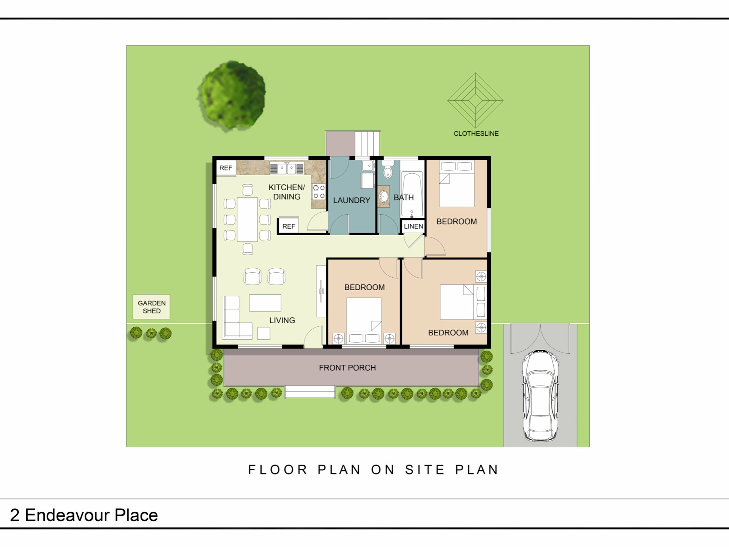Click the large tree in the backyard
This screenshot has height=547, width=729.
(232, 95)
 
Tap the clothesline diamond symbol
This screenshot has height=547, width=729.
(475, 100)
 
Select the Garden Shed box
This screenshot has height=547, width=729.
(151, 307)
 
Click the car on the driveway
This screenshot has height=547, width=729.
(541, 395)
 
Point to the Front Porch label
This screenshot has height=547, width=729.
(347, 368)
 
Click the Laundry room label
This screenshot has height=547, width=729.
(352, 200)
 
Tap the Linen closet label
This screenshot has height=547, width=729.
(413, 226)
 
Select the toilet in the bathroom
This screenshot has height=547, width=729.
(388, 169)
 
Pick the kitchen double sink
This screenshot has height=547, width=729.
(287, 168)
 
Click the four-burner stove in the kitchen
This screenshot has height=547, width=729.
(319, 191)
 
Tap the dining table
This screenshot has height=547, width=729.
(248, 219)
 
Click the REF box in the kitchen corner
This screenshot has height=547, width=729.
(226, 168)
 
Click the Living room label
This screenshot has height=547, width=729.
(282, 321)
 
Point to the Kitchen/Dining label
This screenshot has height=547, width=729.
(287, 192)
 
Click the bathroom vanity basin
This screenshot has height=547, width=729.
(384, 196)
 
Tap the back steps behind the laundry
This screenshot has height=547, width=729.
(368, 144)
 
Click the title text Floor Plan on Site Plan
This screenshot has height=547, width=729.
(373, 470)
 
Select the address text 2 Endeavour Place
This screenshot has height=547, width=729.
(84, 515)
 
